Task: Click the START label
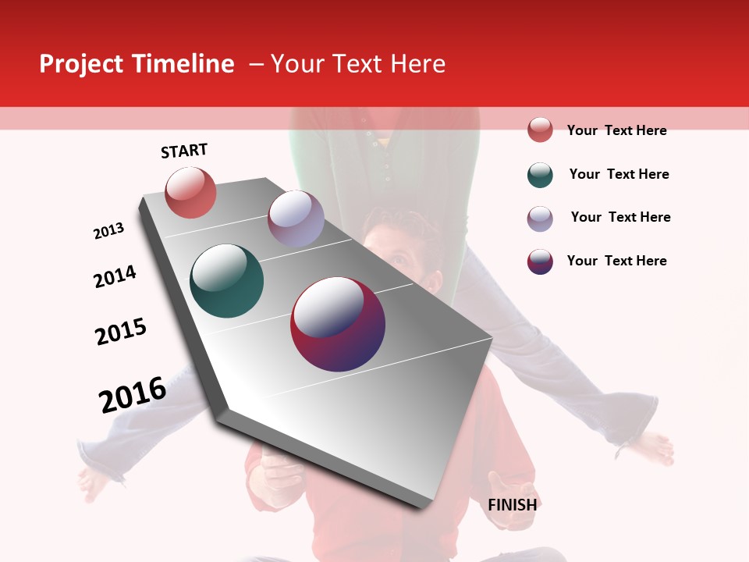pos(184,151)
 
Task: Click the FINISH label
pos(512,504)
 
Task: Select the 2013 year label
pos(108,231)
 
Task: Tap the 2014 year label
pos(115,276)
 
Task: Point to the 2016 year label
pos(133,394)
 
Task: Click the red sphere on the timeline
pos(190,193)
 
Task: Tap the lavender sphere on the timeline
pos(296,219)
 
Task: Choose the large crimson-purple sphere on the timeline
pos(338,324)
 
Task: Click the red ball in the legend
pos(540,130)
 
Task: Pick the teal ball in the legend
pos(540,175)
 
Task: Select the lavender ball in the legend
pos(540,219)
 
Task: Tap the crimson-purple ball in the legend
pos(540,261)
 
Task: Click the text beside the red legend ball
pos(616,130)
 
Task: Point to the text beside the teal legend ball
pos(619,174)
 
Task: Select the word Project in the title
pos(81,64)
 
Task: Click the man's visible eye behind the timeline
pos(397,260)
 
